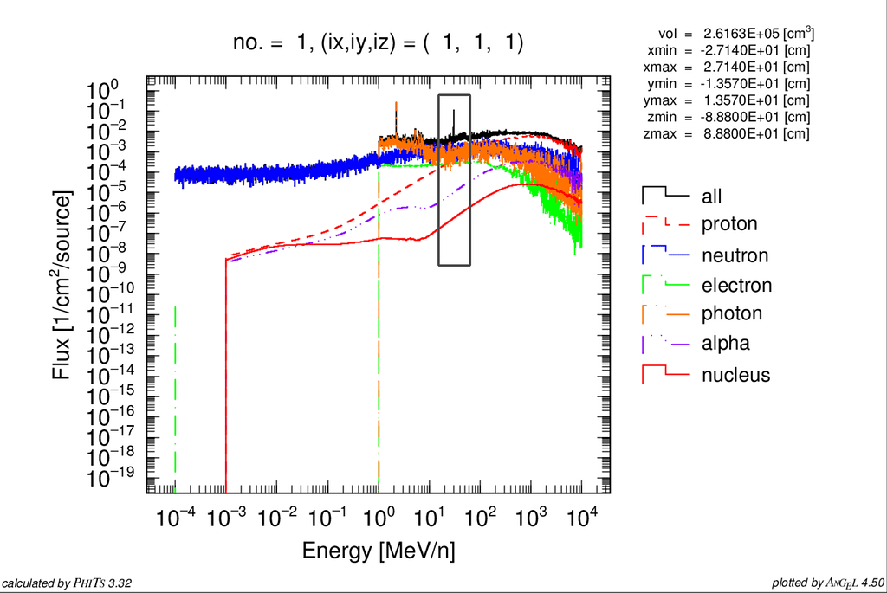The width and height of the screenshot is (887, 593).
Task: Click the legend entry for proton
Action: tap(728, 224)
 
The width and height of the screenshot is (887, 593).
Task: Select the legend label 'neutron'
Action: tap(735, 255)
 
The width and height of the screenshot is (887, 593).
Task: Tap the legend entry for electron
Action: tap(736, 285)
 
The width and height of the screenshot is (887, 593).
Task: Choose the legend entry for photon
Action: tap(731, 313)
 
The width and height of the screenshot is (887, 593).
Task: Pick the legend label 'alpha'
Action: tap(726, 344)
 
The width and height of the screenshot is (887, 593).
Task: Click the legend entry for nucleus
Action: tap(735, 375)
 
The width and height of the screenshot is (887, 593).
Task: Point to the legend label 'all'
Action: tap(711, 197)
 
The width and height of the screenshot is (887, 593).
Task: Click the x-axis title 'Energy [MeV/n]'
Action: tap(379, 551)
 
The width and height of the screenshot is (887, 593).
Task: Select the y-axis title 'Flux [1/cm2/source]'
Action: tap(62, 285)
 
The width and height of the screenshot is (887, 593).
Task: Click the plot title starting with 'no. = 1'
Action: tap(379, 42)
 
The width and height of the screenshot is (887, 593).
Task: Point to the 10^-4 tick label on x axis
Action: tap(174, 519)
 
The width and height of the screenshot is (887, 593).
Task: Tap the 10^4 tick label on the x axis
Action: tap(581, 519)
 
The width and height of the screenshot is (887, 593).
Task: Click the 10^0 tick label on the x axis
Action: tap(379, 519)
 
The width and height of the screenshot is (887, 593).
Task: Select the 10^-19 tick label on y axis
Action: tap(113, 478)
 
